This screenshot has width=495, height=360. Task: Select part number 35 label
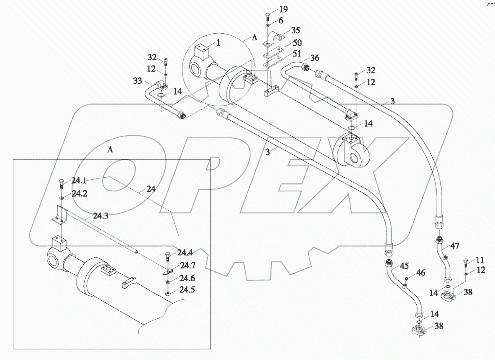(296, 30)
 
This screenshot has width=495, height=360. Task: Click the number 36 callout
(314, 58)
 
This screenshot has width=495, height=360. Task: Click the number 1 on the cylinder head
(218, 43)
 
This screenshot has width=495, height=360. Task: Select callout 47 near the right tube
(455, 246)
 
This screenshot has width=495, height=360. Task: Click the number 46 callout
(421, 273)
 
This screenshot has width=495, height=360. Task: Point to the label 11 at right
(480, 260)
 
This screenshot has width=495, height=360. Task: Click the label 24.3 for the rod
(100, 216)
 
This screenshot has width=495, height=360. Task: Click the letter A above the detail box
(110, 150)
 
